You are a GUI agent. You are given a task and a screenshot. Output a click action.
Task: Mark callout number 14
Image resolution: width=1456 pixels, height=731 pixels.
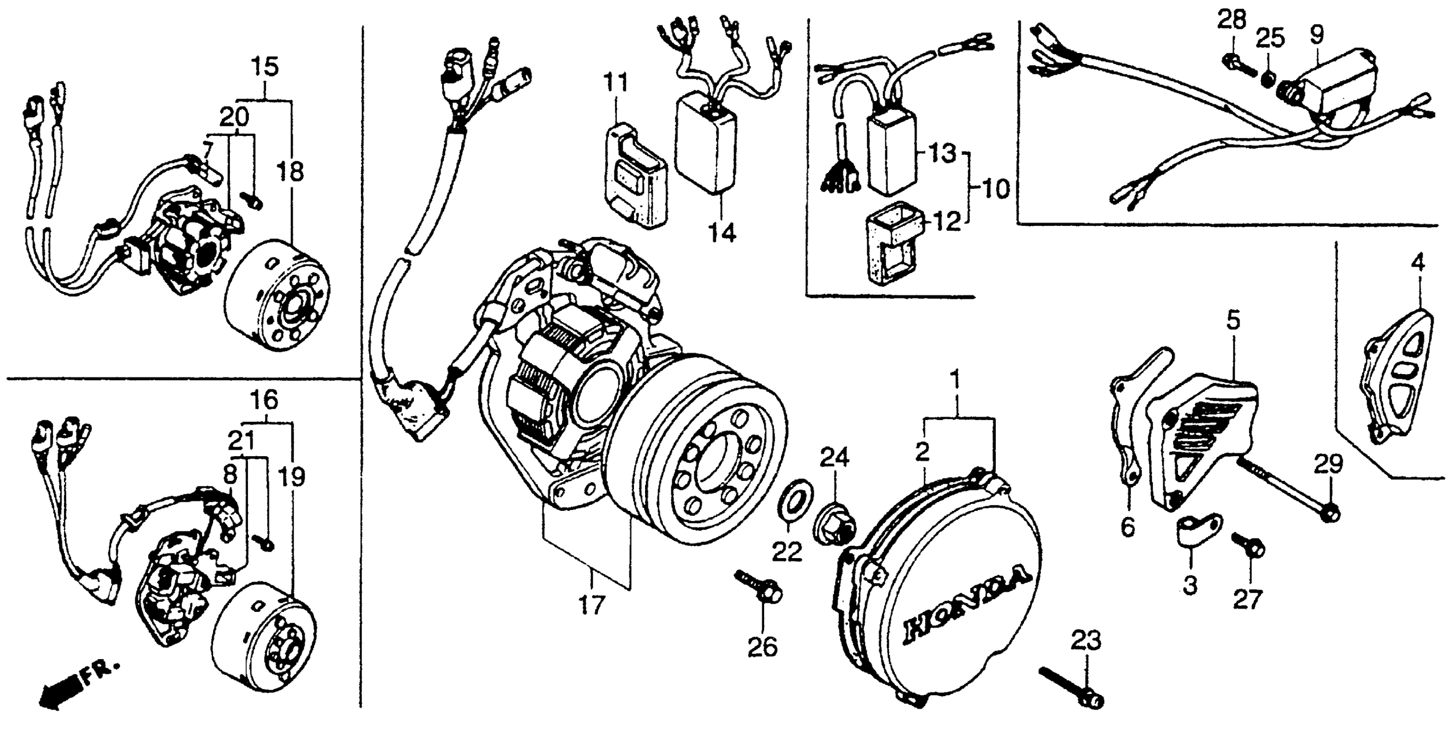pos(723,232)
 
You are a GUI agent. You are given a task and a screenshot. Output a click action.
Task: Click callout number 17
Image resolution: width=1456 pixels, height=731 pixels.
pos(592,605)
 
